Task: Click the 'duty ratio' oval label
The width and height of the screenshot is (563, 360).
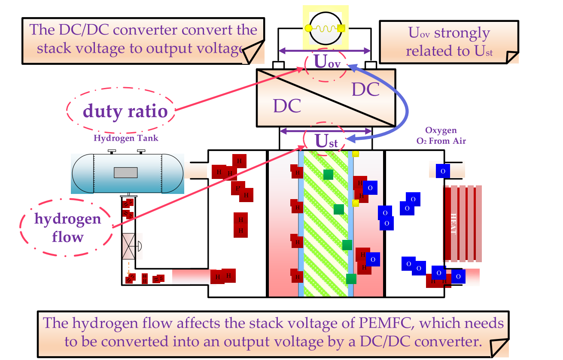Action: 125,112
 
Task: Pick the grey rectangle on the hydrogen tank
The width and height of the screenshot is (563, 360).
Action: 125,172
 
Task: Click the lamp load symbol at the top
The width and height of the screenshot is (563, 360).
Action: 325,27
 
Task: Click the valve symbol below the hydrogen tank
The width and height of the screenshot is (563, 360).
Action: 129,246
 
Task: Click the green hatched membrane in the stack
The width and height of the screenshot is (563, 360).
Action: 326,223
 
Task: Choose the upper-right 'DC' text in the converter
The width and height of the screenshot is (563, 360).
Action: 365,89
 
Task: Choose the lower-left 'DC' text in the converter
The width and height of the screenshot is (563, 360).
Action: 287,106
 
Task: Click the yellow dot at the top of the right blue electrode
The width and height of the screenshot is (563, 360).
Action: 355,153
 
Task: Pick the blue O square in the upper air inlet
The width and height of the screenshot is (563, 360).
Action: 443,171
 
